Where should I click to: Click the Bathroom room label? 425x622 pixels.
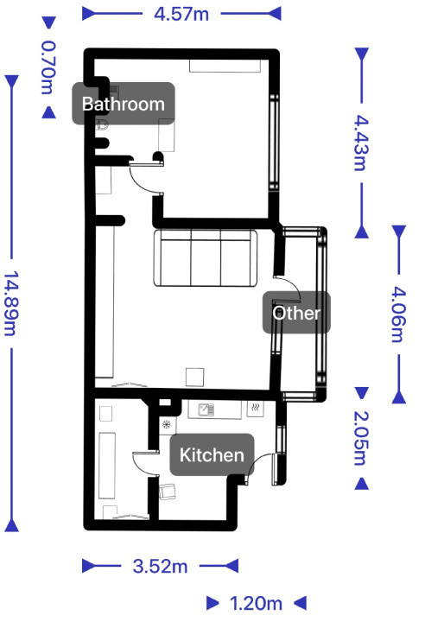(x=123, y=104)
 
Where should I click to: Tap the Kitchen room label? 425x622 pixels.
(x=212, y=454)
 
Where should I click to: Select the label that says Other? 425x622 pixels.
(x=296, y=313)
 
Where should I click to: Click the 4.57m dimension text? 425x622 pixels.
(x=181, y=15)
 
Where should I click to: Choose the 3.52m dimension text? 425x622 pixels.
(x=160, y=566)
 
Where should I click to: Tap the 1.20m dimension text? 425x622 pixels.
(x=256, y=603)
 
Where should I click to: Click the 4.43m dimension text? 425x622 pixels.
(x=361, y=143)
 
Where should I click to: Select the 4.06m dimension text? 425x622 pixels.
(x=399, y=314)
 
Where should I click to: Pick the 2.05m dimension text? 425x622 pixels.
(x=361, y=438)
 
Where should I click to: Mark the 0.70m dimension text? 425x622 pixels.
(x=48, y=67)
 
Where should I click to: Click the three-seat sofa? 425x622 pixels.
(x=206, y=257)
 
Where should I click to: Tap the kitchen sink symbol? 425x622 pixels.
(x=206, y=409)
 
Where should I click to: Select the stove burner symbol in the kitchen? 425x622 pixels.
(x=166, y=424)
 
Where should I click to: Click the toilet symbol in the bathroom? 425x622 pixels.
(x=103, y=124)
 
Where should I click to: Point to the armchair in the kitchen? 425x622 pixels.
(x=168, y=492)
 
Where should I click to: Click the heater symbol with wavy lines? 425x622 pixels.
(x=256, y=408)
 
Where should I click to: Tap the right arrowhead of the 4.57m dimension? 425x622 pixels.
(x=275, y=14)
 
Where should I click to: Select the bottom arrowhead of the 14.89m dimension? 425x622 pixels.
(x=11, y=525)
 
